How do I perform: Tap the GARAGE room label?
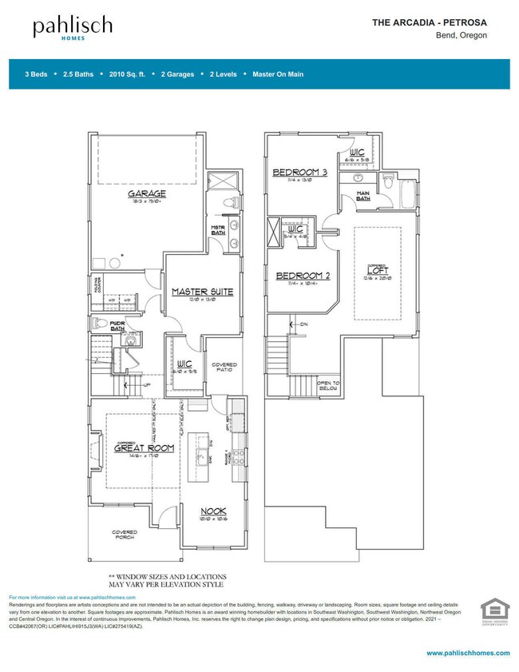146,194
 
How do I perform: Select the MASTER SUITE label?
202,292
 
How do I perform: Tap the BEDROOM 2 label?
303,276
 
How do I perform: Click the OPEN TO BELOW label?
329,386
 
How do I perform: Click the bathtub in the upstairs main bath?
408,192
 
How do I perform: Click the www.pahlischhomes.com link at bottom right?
468,654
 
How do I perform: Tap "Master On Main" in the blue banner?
277,74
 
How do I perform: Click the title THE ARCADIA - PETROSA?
430,23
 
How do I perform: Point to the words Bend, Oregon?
461,36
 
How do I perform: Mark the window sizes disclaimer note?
167,580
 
